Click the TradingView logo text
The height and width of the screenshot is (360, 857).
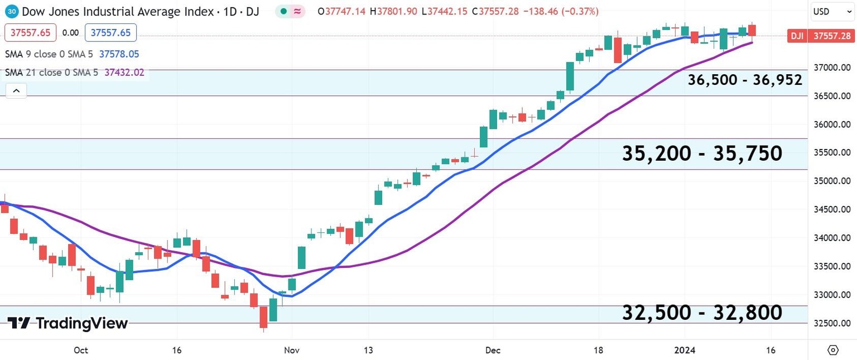tap(68, 323)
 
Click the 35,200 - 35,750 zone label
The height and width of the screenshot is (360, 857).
tap(702, 153)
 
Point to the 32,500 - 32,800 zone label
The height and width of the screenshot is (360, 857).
tap(702, 313)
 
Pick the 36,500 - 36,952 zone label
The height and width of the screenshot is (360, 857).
tap(745, 80)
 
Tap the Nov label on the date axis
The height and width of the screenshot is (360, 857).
tap(292, 351)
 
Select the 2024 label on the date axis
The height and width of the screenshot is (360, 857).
tap(685, 351)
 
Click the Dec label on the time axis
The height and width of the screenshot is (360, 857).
tap(493, 351)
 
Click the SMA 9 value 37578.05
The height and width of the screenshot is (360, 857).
tap(119, 54)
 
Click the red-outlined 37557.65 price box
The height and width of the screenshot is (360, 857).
tap(31, 33)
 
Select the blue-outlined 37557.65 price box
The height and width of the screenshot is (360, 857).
tap(110, 33)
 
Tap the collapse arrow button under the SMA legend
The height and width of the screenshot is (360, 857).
tap(16, 90)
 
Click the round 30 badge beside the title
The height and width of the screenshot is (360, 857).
tap(12, 11)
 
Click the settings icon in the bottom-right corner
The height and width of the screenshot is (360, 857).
tap(832, 350)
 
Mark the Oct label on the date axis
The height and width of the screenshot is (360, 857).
tap(81, 351)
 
